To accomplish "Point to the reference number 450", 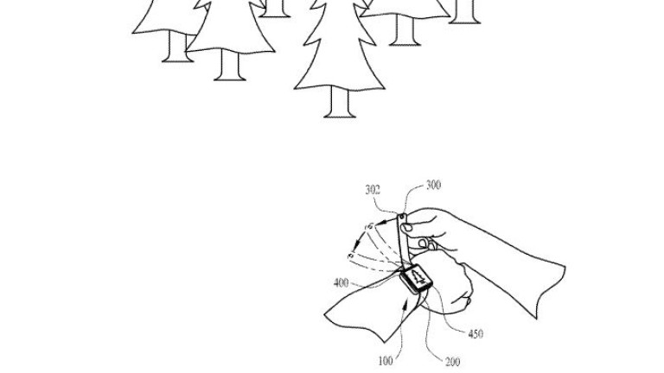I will click(475, 334).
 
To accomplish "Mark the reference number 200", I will click(451, 361).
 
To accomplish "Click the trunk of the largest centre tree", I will click(339, 103).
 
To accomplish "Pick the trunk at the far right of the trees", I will click(465, 11).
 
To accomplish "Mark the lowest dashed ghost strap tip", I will click(351, 256).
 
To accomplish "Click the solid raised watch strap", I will click(405, 243).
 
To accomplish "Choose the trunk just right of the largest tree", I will click(403, 30).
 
